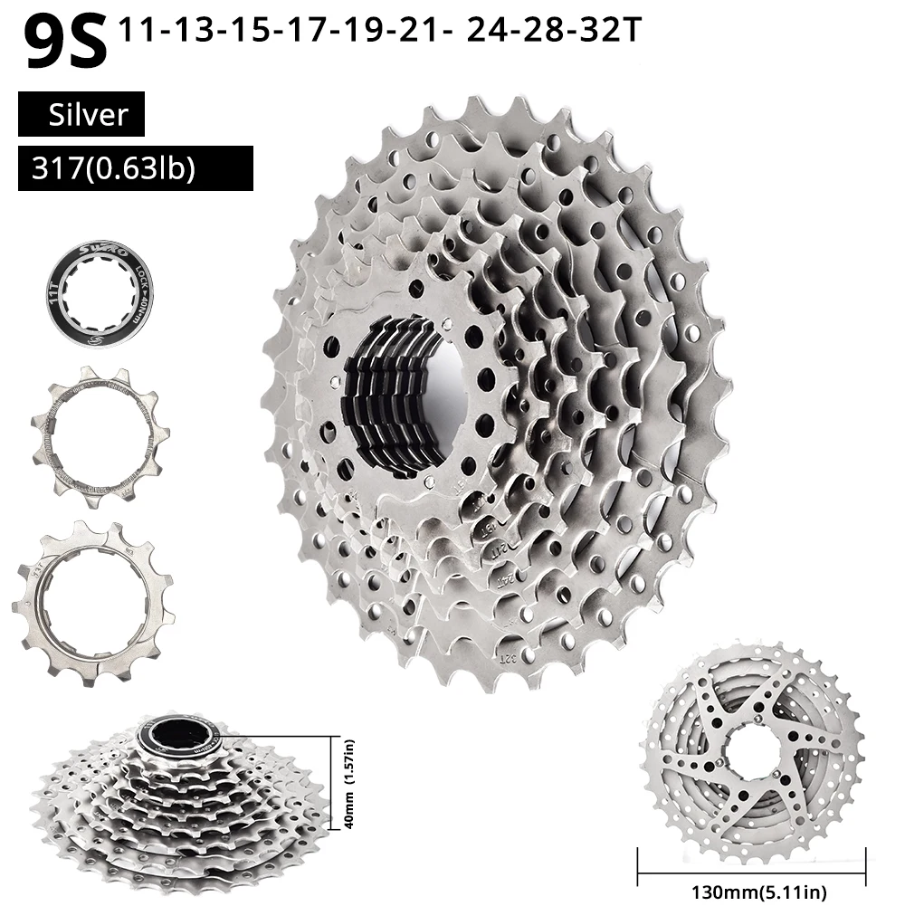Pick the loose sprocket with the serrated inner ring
[x=100, y=438]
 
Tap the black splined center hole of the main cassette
[x=398, y=398]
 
